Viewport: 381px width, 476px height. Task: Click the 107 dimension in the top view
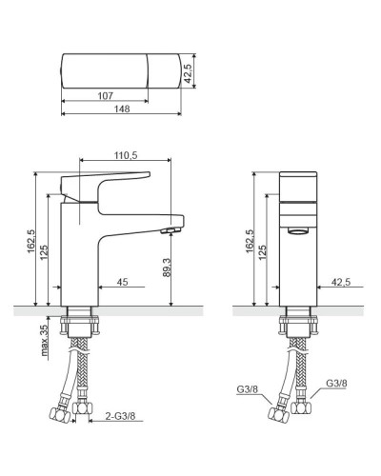pyautogui.click(x=105, y=95)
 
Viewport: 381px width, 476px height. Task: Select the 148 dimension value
pyautogui.click(x=122, y=109)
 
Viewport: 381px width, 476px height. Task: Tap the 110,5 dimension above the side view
pyautogui.click(x=126, y=155)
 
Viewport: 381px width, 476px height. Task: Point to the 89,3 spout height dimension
pyautogui.click(x=167, y=268)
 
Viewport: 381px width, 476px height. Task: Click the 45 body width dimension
pyautogui.click(x=122, y=282)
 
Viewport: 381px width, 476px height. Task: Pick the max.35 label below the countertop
pyautogui.click(x=45, y=340)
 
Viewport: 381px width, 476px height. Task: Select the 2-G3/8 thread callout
pyautogui.click(x=120, y=416)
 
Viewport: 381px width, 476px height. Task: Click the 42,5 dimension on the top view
pyautogui.click(x=188, y=73)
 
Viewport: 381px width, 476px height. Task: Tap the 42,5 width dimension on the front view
pyautogui.click(x=341, y=282)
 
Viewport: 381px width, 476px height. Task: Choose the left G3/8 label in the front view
pyautogui.click(x=248, y=389)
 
